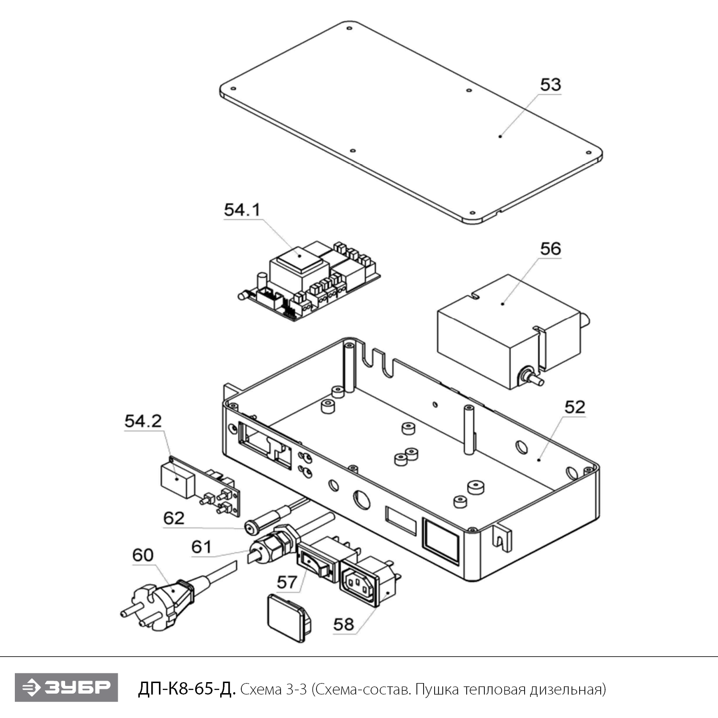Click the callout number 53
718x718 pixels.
pyautogui.click(x=550, y=85)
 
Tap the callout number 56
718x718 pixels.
pyautogui.click(x=550, y=249)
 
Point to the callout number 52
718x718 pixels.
pyautogui.click(x=575, y=407)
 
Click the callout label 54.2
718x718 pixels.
pyautogui.click(x=143, y=421)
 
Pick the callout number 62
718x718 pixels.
pyautogui.click(x=174, y=518)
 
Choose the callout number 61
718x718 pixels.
pyautogui.click(x=202, y=547)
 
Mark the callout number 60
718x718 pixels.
pyautogui.click(x=143, y=555)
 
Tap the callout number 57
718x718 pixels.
pyautogui.click(x=287, y=582)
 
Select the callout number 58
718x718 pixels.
pyautogui.click(x=344, y=624)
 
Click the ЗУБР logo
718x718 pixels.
pyautogui.click(x=66, y=687)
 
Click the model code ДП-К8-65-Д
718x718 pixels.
pyautogui.click(x=187, y=689)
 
